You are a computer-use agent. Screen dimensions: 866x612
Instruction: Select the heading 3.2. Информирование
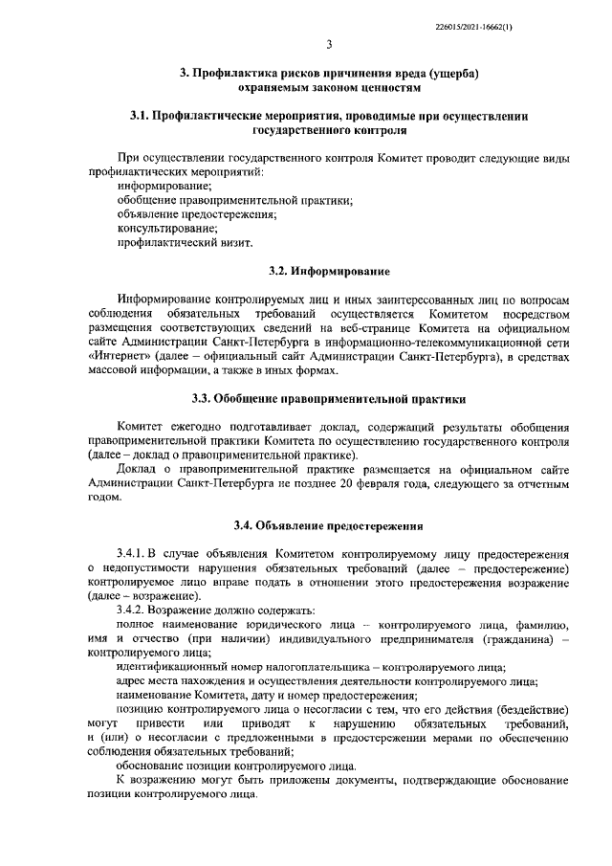(x=328, y=271)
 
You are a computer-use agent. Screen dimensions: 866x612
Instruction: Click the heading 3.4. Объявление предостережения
(x=328, y=524)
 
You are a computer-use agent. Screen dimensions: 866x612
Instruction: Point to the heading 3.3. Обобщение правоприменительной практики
(x=328, y=397)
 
